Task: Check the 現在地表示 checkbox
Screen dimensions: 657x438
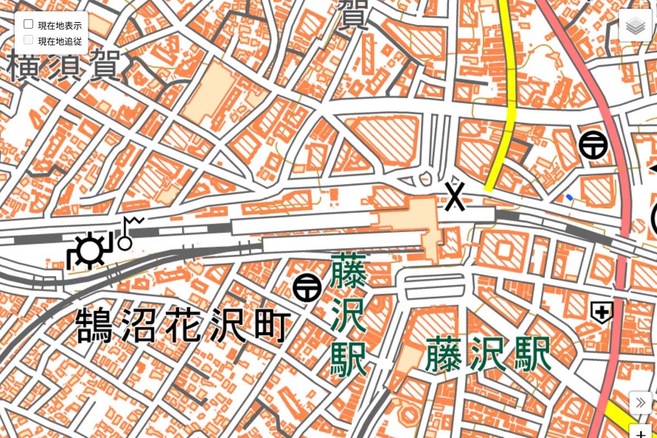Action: tap(28, 25)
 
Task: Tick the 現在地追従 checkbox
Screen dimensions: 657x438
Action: tap(28, 40)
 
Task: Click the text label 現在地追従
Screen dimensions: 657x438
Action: tap(59, 41)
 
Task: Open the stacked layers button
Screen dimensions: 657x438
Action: tap(635, 25)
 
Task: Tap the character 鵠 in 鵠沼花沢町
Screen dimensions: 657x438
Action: tap(94, 325)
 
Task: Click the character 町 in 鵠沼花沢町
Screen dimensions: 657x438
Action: tap(270, 325)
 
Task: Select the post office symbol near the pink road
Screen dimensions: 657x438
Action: tap(594, 145)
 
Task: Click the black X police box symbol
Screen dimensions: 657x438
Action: tap(455, 197)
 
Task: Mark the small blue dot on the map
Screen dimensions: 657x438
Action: tap(570, 197)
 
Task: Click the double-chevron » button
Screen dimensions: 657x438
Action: tap(640, 403)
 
